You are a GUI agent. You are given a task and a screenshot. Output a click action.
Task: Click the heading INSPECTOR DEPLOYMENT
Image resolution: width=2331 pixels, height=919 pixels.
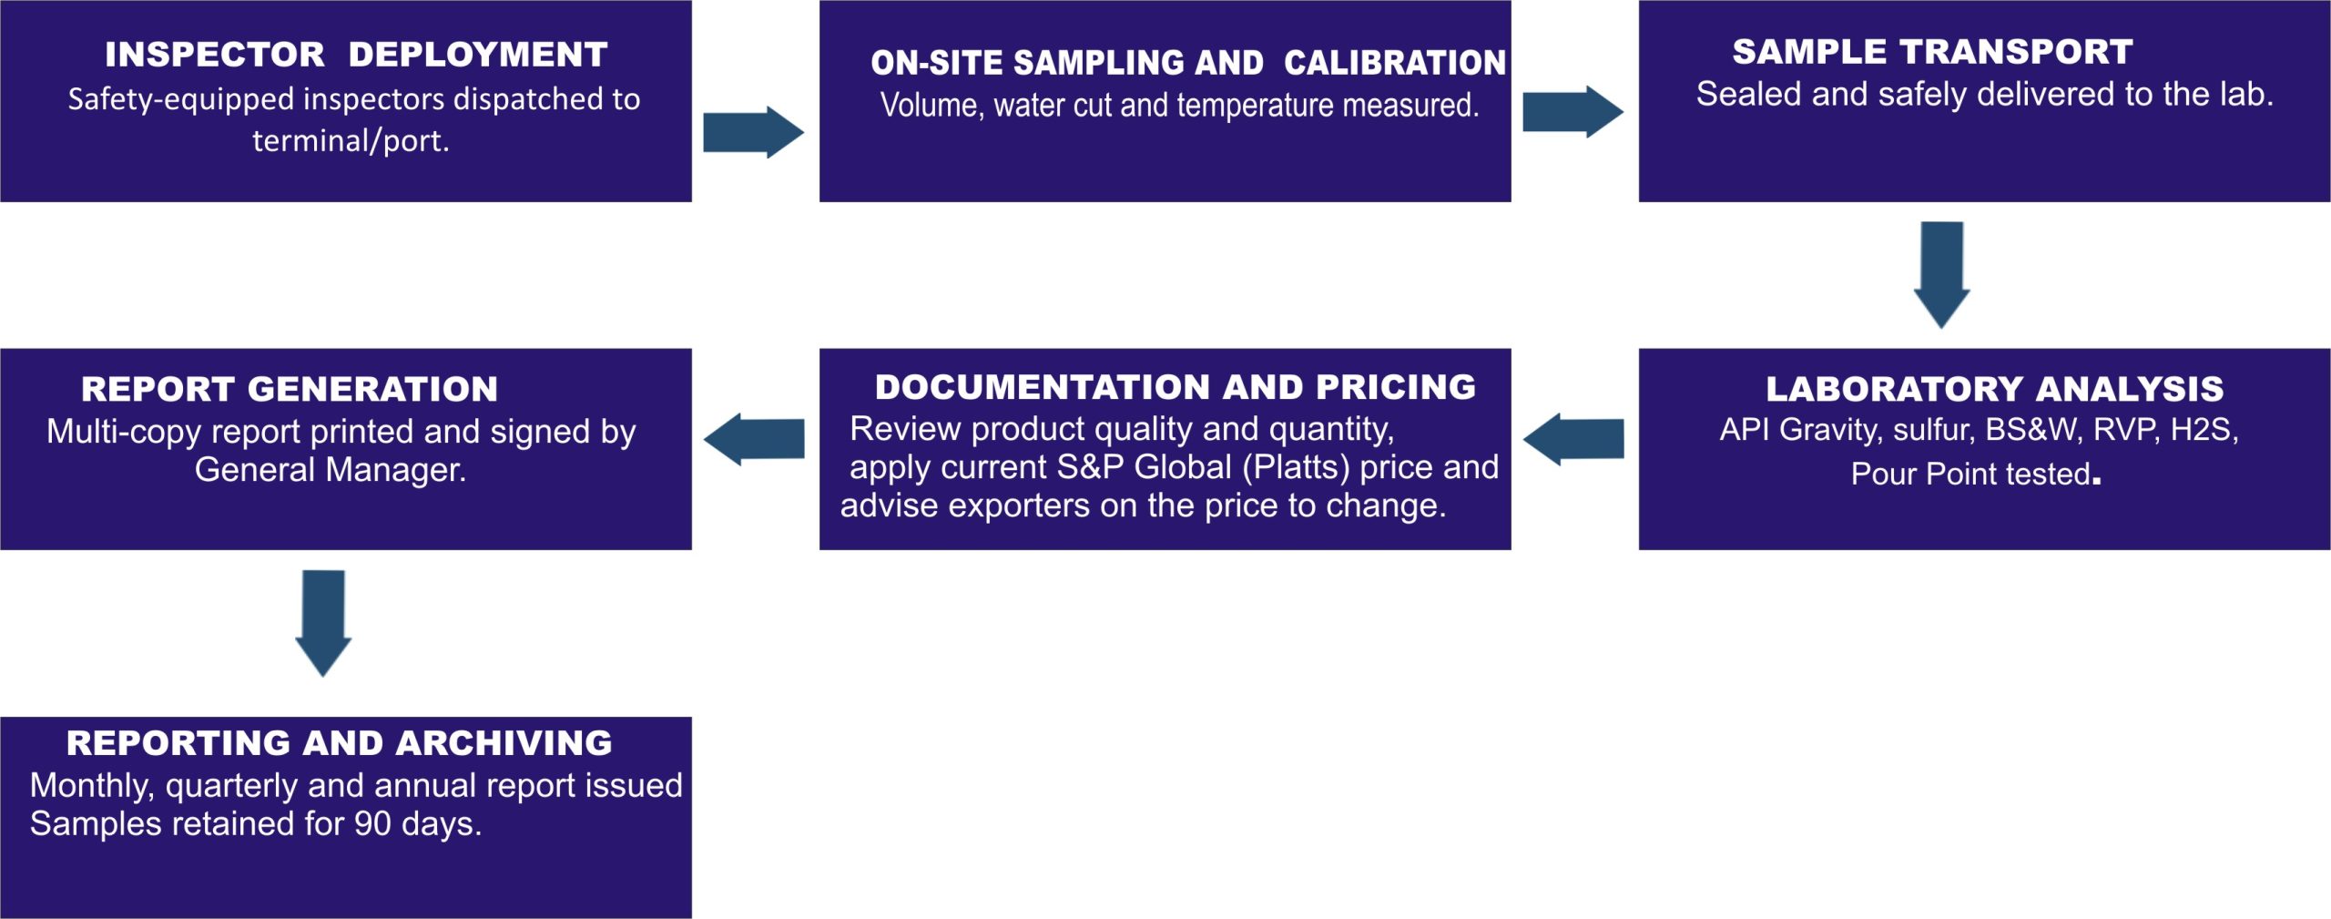[356, 55]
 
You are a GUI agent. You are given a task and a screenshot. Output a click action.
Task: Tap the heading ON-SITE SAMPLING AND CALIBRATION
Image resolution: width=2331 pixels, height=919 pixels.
[1188, 63]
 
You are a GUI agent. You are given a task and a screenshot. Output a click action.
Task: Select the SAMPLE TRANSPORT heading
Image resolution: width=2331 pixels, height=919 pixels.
[1932, 52]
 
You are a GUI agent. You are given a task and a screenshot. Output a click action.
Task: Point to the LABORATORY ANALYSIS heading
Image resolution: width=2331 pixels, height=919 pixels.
[1995, 390]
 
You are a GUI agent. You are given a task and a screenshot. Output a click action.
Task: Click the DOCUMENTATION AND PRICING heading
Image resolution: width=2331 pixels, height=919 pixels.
[1176, 387]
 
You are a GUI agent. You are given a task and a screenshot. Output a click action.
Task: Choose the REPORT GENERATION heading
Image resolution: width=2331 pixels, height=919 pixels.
[290, 390]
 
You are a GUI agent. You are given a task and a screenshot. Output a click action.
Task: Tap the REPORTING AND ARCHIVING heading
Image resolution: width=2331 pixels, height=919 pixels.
[340, 743]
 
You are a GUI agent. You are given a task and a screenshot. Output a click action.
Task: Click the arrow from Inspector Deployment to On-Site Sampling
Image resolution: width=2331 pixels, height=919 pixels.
[754, 132]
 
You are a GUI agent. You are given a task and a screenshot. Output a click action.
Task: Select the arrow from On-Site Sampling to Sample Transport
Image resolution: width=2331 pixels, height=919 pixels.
[1573, 112]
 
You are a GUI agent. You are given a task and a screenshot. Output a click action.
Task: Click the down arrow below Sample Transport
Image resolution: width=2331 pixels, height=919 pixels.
[1942, 275]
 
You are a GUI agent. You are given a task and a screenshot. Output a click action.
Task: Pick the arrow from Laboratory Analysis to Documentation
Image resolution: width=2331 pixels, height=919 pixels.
[1573, 439]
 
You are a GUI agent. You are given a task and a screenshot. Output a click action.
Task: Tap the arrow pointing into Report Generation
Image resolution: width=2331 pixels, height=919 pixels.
[754, 439]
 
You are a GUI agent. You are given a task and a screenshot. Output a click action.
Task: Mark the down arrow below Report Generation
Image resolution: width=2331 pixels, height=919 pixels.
[323, 624]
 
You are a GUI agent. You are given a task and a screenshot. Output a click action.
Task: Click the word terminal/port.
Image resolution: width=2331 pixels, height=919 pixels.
[351, 141]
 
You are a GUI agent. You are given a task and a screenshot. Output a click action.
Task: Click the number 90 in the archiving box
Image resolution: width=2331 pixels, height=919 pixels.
[372, 824]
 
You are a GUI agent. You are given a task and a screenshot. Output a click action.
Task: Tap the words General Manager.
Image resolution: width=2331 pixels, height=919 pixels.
[331, 470]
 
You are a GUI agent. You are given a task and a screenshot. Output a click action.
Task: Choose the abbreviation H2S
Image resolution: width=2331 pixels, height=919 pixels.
[2204, 430]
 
